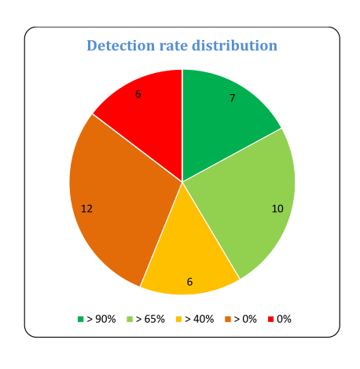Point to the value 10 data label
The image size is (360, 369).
tap(277, 209)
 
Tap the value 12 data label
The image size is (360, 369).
tap(87, 209)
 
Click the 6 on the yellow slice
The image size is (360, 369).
tap(189, 281)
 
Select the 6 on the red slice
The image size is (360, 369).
tap(139, 94)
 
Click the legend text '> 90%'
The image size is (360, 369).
tap(101, 319)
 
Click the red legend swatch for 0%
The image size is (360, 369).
tap(271, 319)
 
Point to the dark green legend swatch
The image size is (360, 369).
tap(80, 319)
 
